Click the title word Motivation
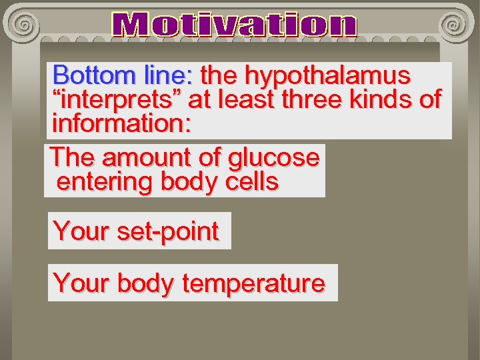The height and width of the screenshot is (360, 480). [235, 25]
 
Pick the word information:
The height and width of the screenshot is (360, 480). [121, 124]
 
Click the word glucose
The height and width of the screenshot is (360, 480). [273, 159]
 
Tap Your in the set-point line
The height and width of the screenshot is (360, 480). [81, 231]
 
